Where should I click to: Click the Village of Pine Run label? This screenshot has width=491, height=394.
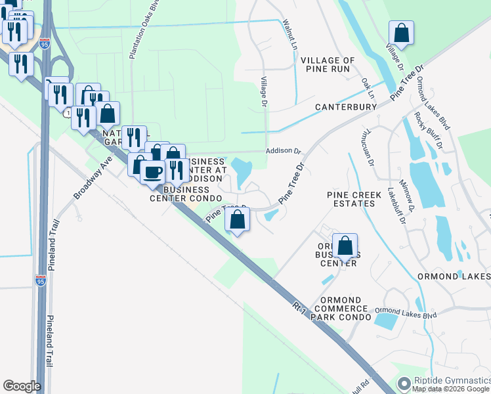click(x=328, y=64)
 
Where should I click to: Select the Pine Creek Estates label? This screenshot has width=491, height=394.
click(x=351, y=199)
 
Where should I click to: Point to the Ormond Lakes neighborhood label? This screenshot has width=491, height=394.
click(x=454, y=276)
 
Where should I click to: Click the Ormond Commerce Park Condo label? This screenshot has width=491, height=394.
click(x=341, y=308)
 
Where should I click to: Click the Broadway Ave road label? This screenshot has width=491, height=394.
click(x=91, y=177)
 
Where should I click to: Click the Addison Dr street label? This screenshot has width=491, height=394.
click(x=283, y=150)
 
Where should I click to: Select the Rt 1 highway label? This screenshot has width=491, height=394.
click(x=300, y=306)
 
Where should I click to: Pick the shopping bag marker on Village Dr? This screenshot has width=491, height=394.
click(x=401, y=32)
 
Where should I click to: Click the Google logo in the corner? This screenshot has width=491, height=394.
click(x=22, y=386)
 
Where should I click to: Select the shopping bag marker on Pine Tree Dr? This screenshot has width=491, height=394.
click(x=238, y=219)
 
